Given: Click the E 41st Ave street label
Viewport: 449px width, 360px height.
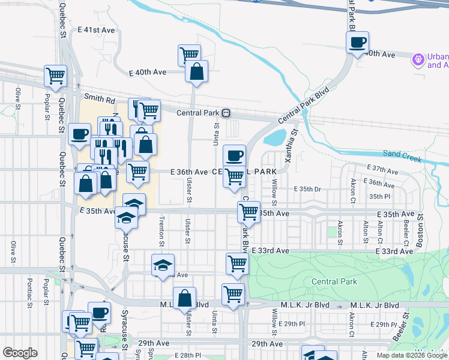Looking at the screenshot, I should point(96,29).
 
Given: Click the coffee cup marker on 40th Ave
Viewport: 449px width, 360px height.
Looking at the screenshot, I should point(358,43).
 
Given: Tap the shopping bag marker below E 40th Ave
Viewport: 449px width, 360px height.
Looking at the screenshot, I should point(196,73).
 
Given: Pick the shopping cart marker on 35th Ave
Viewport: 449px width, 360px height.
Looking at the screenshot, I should point(248,212).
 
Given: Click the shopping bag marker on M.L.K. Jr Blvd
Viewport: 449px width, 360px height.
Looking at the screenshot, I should point(184,298).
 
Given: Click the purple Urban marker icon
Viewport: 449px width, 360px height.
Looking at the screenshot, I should point(418,59).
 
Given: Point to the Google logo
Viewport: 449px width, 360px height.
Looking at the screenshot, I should point(20,353).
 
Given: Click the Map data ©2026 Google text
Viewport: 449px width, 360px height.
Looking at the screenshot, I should point(412,355).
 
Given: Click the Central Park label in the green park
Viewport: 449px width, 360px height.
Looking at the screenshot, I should point(334,281).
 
